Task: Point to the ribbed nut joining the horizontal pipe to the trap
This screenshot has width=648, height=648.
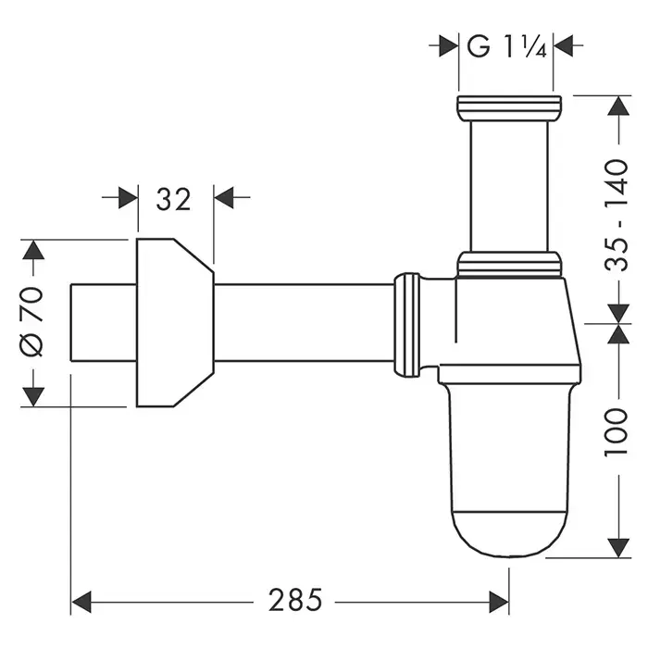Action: (x=408, y=323)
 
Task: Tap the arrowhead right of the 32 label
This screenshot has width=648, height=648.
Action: (x=225, y=198)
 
